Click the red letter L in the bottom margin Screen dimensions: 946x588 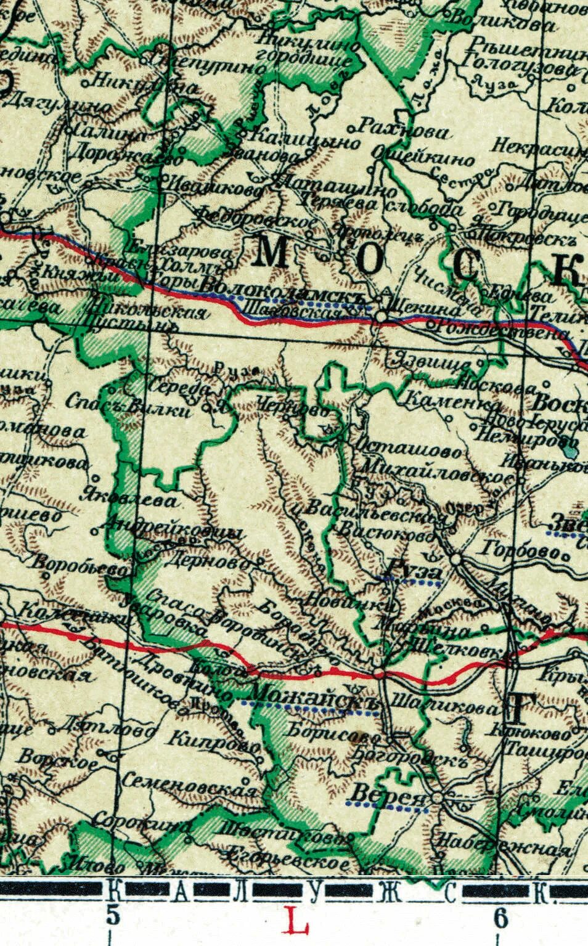pos(298,922)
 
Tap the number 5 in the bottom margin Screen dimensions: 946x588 pos(112,915)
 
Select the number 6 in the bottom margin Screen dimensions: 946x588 pos(500,917)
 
